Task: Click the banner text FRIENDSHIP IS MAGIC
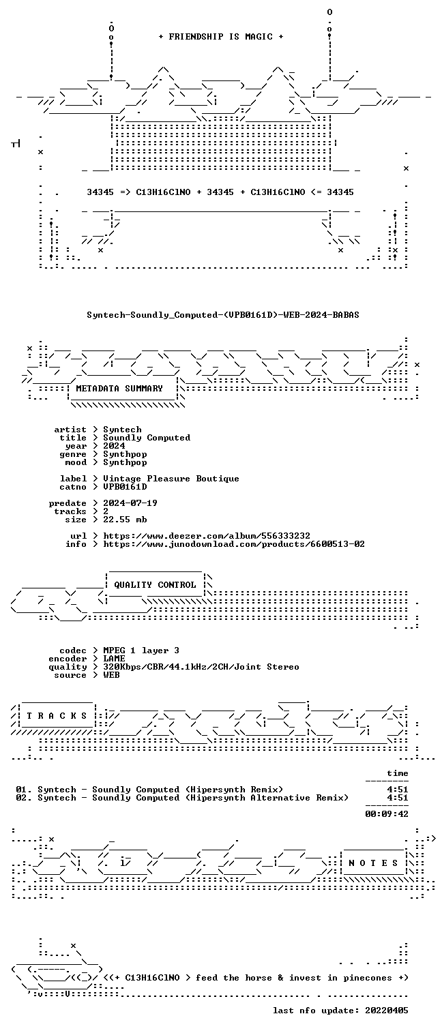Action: point(220,37)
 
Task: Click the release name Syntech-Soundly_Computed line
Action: point(223,315)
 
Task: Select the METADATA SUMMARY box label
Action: point(119,389)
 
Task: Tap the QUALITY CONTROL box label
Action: point(155,584)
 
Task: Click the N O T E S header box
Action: point(373,863)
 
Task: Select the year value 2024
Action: point(114,445)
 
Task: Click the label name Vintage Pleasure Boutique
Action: point(171,479)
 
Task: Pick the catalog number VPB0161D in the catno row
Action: point(125,486)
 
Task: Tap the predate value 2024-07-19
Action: point(130,503)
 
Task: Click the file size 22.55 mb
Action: point(125,520)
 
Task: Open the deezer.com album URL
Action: point(207,536)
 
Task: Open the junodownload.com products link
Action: point(234,544)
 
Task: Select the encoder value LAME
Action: point(114,659)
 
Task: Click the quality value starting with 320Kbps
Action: point(201,667)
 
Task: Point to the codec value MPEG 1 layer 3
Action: point(141,651)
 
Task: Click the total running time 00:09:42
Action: point(387,813)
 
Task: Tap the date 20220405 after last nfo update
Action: point(387,1011)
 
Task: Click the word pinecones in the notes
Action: point(368,978)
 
